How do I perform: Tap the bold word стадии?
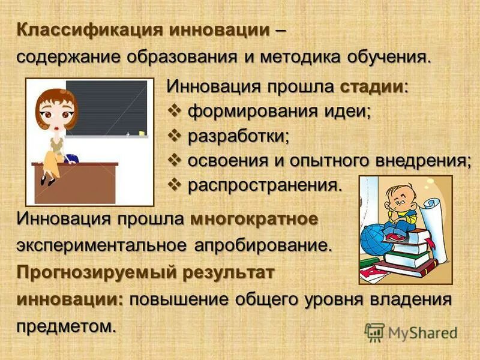point(373,86)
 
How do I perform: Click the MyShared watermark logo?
point(411,332)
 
